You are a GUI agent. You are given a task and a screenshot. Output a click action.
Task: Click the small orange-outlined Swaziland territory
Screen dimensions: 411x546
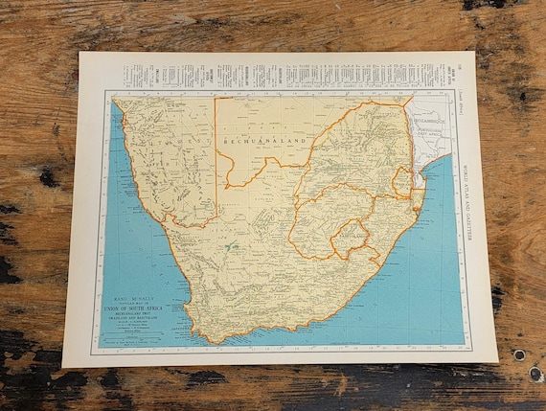[403, 183]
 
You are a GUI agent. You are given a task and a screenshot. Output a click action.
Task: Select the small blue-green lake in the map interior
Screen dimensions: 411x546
[231, 246]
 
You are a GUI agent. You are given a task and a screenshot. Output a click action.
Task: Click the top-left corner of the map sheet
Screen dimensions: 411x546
[80, 54]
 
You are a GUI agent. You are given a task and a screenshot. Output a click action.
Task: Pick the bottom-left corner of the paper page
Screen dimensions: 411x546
[64, 366]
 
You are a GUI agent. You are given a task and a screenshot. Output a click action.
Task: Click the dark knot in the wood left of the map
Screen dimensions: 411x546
[47, 178]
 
